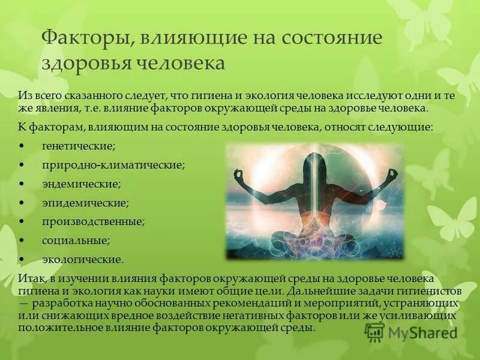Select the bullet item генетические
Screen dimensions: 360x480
(79, 146)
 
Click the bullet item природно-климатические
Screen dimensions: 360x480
(113, 164)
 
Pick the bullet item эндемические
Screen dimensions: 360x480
(81, 184)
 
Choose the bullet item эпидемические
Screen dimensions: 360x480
(85, 203)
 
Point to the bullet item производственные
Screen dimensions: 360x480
(93, 221)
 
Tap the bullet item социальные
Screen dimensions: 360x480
(76, 241)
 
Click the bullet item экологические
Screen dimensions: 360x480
(82, 260)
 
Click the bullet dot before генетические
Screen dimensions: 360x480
(22, 146)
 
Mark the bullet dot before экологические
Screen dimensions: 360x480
(22, 260)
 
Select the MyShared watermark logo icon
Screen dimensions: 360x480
(374, 332)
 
